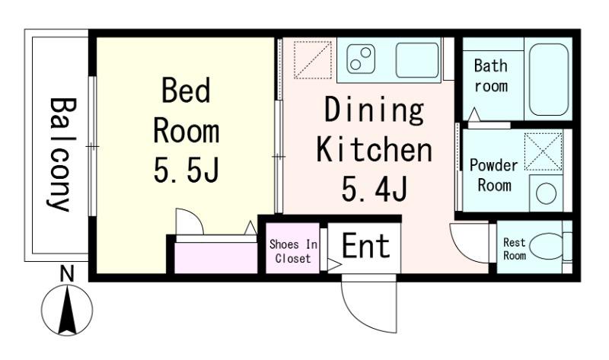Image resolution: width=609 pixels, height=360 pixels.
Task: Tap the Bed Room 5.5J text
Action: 187,130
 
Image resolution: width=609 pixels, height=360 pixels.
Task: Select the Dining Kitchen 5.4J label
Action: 375,149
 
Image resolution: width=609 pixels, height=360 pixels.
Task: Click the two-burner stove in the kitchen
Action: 361,59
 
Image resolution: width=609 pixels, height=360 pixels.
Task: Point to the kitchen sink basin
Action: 417,60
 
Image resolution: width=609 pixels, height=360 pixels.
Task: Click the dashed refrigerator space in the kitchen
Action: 313,60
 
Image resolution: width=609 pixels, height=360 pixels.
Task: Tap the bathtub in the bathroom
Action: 548,79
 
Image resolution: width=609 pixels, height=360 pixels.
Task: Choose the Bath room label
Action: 491,75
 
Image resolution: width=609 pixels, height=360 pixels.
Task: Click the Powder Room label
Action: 493,175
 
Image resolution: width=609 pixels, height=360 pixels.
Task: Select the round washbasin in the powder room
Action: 546,193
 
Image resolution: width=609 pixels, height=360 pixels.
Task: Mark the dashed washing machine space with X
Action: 544,152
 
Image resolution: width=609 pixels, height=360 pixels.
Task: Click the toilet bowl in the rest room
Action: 547,246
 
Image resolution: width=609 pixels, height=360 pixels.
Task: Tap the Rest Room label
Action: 515,249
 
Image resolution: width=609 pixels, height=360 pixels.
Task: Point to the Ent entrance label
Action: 366,245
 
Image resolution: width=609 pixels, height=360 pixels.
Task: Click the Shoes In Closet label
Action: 293,251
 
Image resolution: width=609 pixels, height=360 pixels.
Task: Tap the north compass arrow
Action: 68,310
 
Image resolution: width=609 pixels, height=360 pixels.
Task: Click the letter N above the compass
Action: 67,274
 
